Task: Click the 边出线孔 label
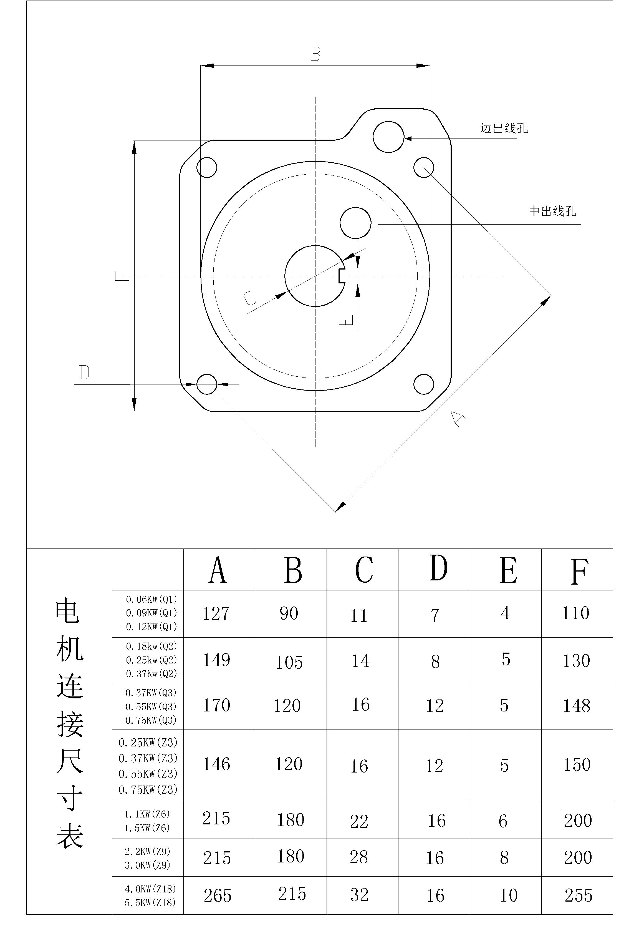(504, 128)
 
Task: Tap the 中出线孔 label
(552, 211)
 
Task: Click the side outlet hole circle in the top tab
(388, 137)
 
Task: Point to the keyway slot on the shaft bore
(348, 276)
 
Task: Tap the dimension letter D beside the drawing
(84, 372)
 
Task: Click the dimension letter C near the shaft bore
(250, 298)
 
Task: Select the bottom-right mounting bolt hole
(424, 384)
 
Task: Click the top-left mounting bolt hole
(206, 167)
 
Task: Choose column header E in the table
(508, 570)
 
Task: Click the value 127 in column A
(216, 613)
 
